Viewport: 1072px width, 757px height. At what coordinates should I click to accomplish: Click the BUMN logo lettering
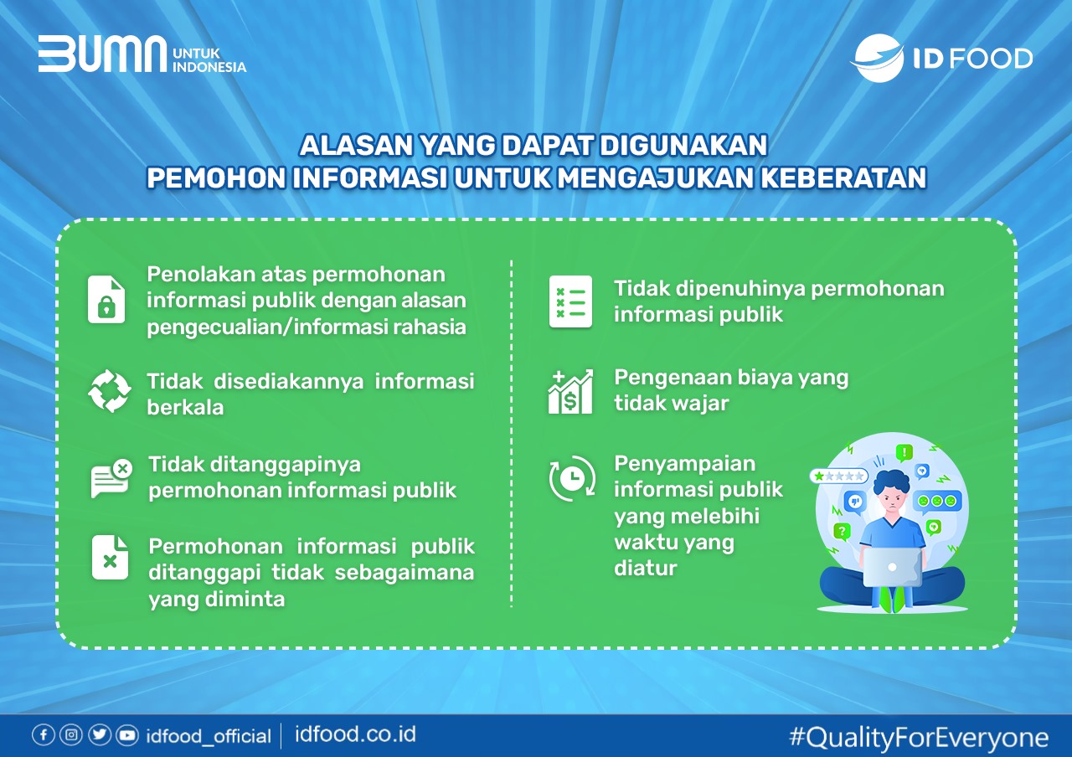(x=102, y=54)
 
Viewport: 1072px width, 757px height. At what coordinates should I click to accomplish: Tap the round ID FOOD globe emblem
(x=877, y=58)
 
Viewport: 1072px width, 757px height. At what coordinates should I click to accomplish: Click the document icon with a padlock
(x=106, y=300)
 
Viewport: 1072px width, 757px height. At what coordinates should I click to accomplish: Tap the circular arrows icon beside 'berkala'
(x=109, y=391)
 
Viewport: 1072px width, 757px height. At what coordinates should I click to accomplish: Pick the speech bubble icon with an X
(x=111, y=478)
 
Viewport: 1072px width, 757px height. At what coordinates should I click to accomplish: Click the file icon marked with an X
(x=110, y=558)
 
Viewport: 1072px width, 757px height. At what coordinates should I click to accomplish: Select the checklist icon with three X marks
(x=570, y=301)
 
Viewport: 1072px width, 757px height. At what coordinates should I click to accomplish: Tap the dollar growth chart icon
(x=570, y=391)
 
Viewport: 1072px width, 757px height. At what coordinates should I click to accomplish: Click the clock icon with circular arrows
(x=572, y=478)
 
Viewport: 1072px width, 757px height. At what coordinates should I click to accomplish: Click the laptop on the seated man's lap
(x=892, y=567)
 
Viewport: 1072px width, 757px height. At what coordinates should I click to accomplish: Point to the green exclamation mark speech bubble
(x=904, y=452)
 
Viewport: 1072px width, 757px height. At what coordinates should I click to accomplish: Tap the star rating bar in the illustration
(x=839, y=476)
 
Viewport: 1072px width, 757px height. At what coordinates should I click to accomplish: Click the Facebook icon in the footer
(x=43, y=734)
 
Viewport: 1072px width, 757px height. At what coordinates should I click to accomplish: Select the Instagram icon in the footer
(x=71, y=734)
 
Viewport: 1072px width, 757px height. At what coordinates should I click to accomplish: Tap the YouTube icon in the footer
(x=127, y=735)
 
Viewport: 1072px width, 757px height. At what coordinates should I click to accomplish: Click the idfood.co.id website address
(x=355, y=734)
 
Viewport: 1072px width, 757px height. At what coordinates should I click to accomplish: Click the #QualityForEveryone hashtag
(x=919, y=738)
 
